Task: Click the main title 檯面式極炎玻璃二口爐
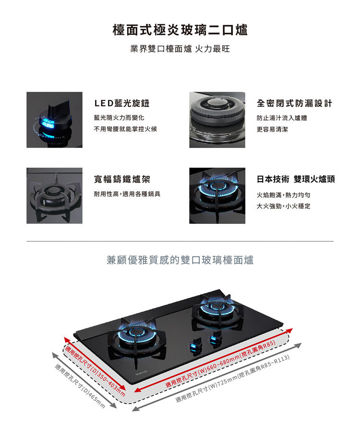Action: pos(180,30)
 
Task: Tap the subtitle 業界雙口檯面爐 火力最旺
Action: pos(180,49)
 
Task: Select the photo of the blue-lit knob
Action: pos(54,120)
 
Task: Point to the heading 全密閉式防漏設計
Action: pos(295,103)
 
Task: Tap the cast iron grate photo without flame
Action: pos(54,196)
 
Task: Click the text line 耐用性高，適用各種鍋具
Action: pos(127,194)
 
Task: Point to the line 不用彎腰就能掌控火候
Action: pos(125,129)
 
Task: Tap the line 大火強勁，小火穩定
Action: pos(284,206)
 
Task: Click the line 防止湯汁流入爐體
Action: pos(282,118)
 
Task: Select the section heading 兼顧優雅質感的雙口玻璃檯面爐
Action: pos(180,260)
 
